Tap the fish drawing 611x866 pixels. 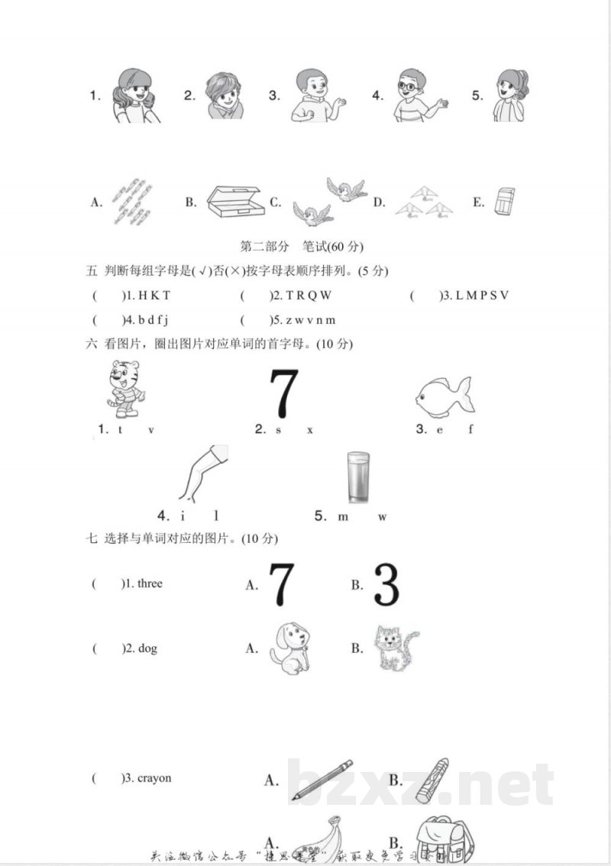click(444, 396)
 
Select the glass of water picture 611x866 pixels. click(357, 478)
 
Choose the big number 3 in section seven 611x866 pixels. click(386, 585)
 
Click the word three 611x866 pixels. click(144, 583)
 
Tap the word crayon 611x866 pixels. click(154, 778)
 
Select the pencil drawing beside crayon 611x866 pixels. click(322, 780)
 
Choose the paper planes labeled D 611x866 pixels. click(424, 202)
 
